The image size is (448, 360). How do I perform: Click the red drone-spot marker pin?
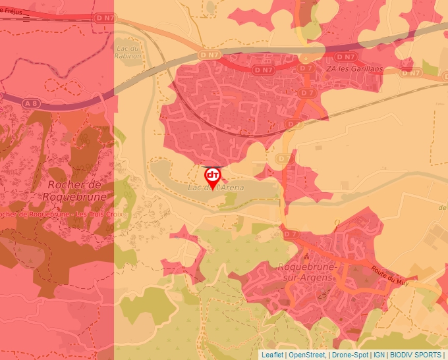(212, 176)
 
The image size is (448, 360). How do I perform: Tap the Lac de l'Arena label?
(216, 188)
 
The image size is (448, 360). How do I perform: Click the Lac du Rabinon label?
(128, 52)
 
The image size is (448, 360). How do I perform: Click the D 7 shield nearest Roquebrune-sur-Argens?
(291, 234)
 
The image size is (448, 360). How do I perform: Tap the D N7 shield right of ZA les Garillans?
(413, 72)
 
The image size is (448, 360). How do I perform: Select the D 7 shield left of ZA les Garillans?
(305, 68)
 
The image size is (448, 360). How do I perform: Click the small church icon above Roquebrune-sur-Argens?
(305, 255)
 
